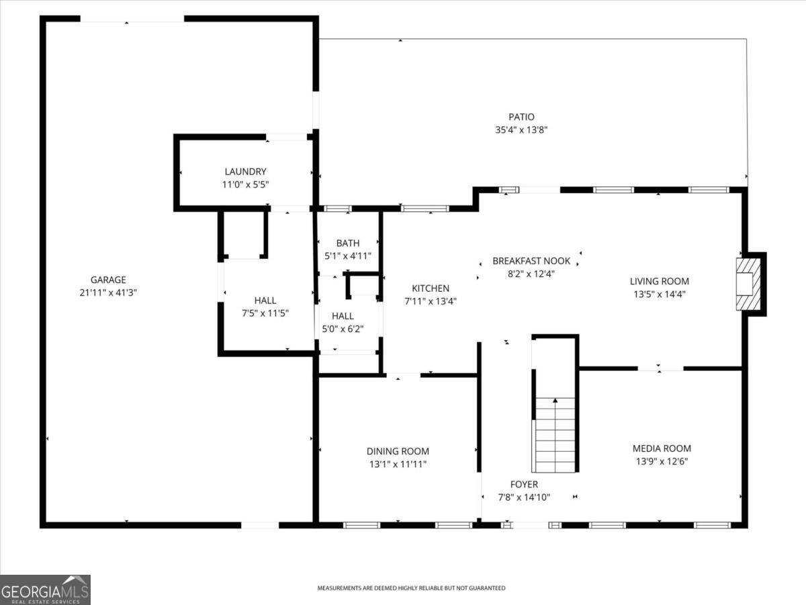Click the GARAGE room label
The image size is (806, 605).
click(x=108, y=280)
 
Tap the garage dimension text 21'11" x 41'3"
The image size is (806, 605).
click(x=108, y=292)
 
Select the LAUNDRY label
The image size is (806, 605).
click(x=245, y=171)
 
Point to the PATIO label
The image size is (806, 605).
click(x=521, y=117)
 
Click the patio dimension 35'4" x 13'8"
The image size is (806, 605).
click(x=521, y=130)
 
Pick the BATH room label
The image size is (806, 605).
click(x=348, y=243)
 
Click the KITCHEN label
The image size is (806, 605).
click(x=431, y=288)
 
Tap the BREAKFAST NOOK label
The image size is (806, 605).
click(x=531, y=261)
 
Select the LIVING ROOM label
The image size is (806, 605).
click(x=659, y=281)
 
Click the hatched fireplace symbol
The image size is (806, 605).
click(x=748, y=284)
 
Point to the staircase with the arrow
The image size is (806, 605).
click(x=555, y=434)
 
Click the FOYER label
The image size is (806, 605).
click(x=524, y=484)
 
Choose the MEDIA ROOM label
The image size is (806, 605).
click(x=662, y=448)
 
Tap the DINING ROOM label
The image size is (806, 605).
click(x=398, y=451)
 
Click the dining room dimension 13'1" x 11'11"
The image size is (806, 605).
click(x=398, y=464)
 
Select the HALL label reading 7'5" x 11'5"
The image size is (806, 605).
click(x=265, y=300)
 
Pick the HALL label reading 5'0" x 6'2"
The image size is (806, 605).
click(x=343, y=316)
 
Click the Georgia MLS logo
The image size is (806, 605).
click(x=45, y=590)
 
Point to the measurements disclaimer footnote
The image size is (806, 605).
click(x=411, y=588)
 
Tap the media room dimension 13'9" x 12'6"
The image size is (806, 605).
click(x=662, y=461)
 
